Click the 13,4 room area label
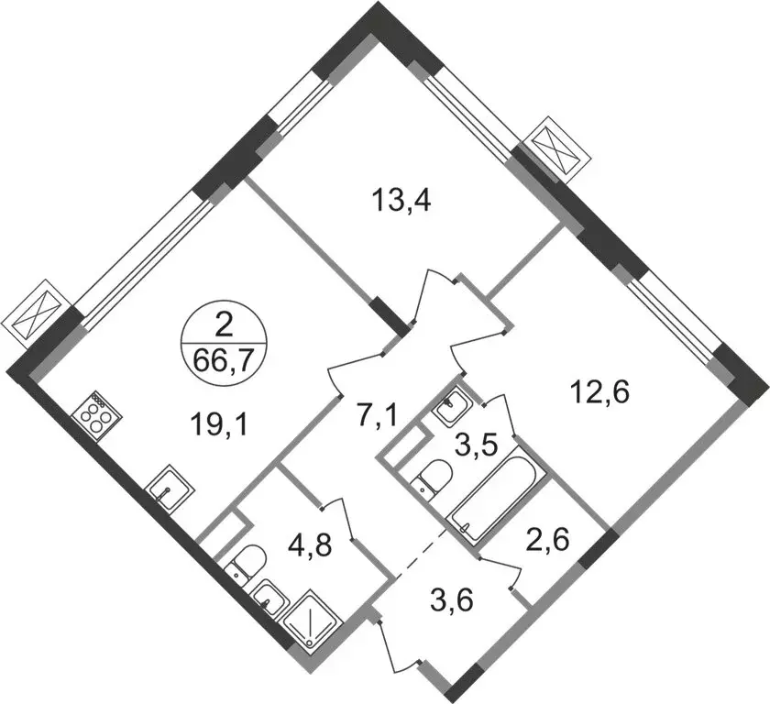[401, 202]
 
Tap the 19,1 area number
[221, 425]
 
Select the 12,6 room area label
[599, 393]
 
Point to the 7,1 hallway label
[376, 418]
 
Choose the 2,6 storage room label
[547, 541]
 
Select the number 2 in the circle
[224, 326]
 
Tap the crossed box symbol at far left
[33, 313]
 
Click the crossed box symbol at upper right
[556, 150]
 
